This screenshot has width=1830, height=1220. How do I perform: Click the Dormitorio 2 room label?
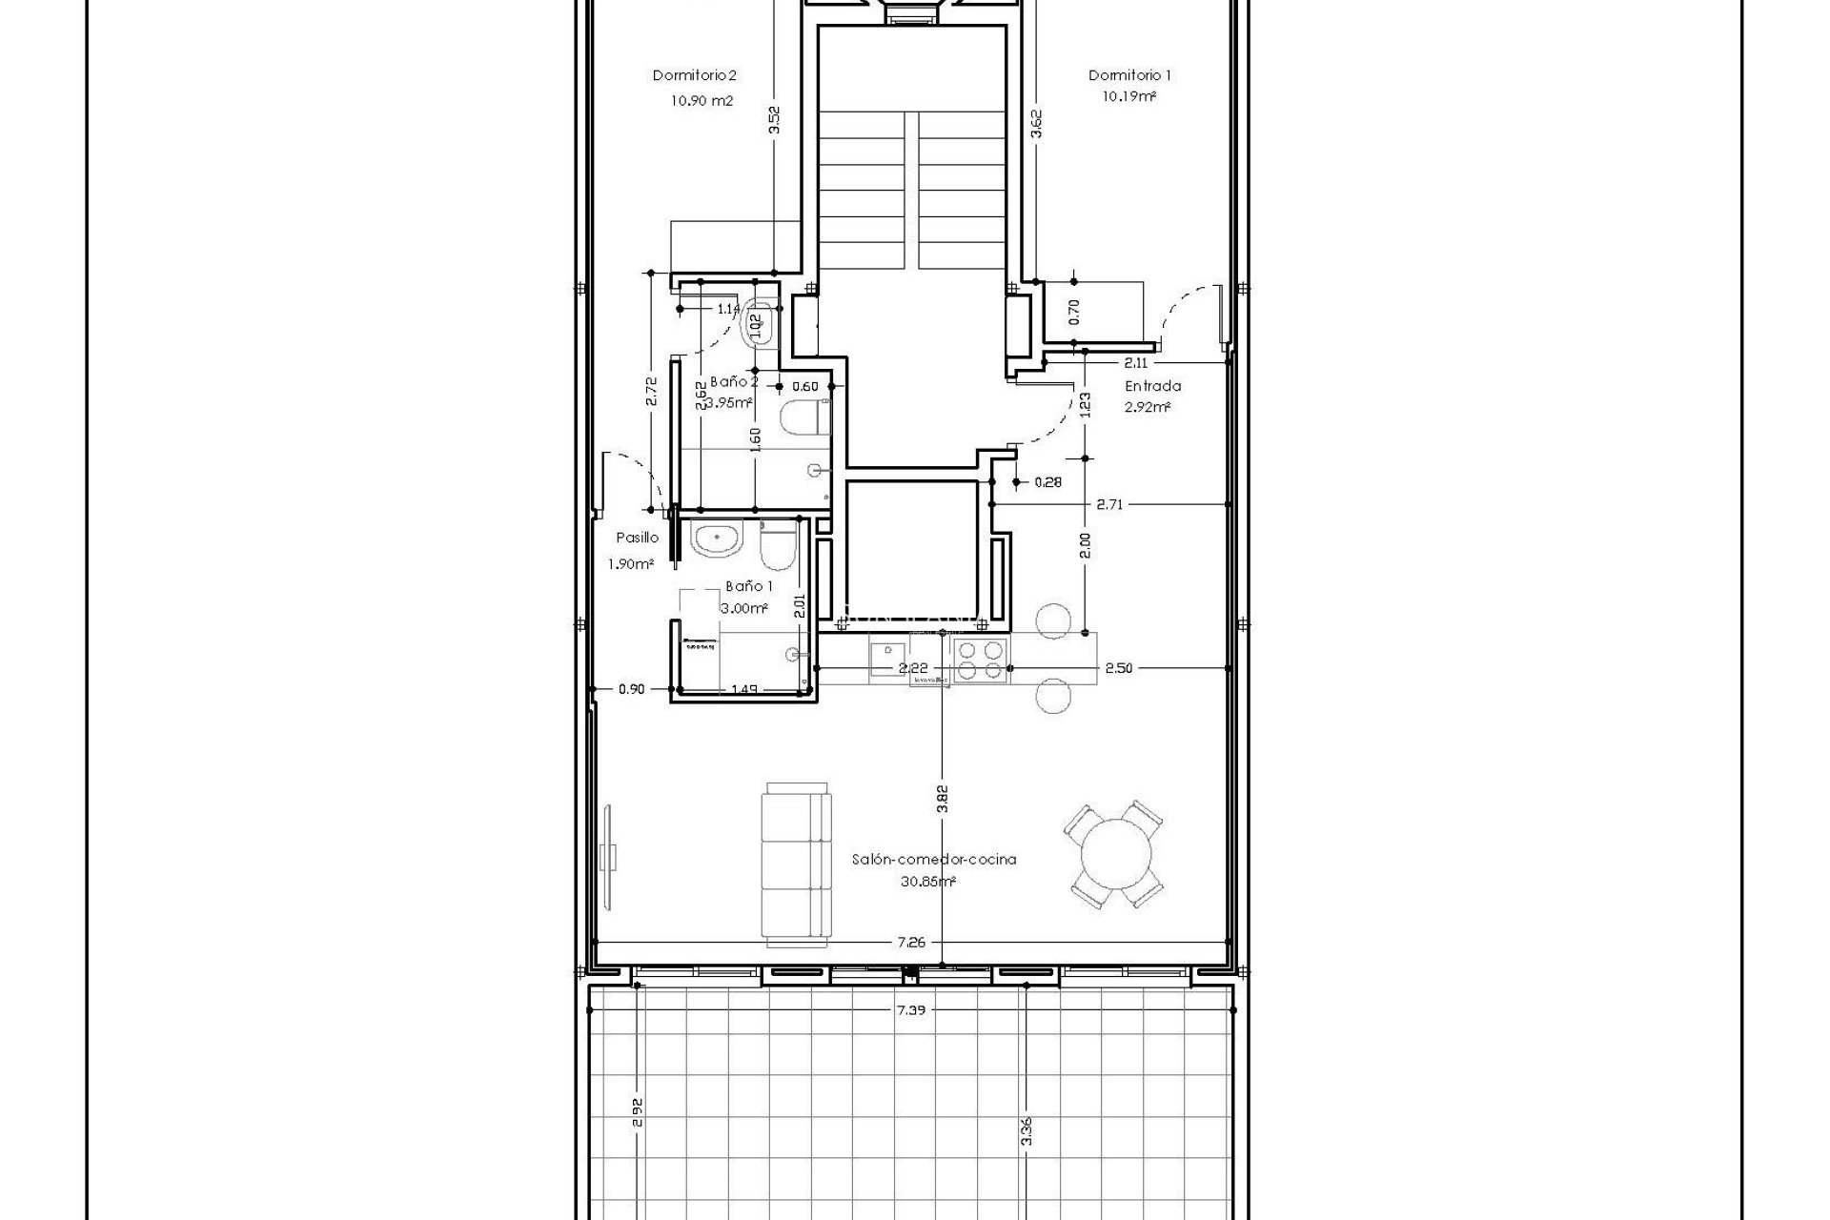point(694,75)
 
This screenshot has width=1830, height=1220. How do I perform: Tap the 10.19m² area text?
point(1129,96)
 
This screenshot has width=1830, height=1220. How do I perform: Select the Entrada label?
point(1152,386)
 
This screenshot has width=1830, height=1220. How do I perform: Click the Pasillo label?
point(637,538)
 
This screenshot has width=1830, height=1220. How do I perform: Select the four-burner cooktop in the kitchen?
point(980,661)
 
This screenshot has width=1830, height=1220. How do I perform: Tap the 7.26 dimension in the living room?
point(910,968)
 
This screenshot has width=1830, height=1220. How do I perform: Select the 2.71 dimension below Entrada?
point(1109,504)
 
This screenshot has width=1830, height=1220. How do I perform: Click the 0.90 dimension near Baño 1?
point(630,689)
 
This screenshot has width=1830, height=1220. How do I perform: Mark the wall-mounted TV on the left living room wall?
point(608,856)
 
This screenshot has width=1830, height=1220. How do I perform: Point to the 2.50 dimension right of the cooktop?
point(1118,668)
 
